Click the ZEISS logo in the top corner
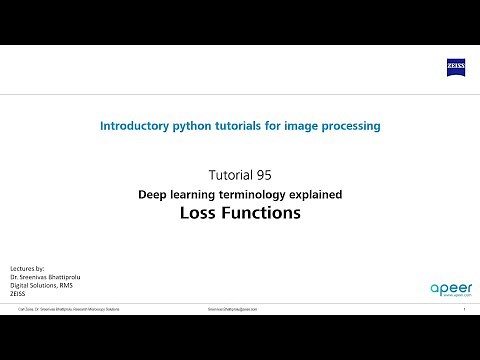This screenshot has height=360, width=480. (x=455, y=67)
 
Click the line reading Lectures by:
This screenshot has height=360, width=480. (x=26, y=269)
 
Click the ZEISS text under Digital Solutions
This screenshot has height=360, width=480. (x=17, y=294)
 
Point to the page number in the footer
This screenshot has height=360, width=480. (x=464, y=310)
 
